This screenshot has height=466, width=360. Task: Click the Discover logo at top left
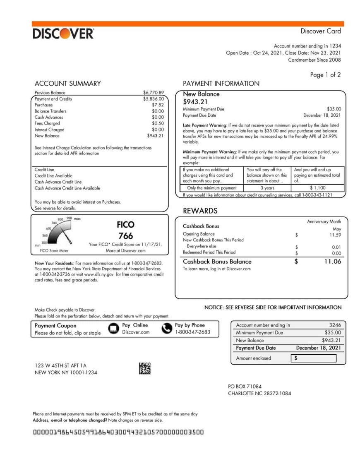pos(63,34)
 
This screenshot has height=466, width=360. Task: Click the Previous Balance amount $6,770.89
pos(153,93)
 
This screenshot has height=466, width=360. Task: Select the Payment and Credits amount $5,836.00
pos(153,99)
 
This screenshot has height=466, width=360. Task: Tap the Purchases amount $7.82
pos(158,105)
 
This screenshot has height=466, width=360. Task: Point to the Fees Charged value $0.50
pos(158,123)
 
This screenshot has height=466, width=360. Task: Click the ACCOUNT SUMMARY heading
pos(67,84)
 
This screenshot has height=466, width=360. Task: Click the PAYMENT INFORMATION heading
pos(221,84)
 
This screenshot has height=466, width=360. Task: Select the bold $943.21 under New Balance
pos(195,102)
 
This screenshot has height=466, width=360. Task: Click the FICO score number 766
pos(125,236)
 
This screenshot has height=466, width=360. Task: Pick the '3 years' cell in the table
pos(267,188)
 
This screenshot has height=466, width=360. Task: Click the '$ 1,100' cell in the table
pos(317,188)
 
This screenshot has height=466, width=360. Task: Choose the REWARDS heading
pos(200,211)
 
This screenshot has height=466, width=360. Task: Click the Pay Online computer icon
pos(113,329)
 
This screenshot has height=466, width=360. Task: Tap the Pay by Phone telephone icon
pos(167,329)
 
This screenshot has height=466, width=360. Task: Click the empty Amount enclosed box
pos(315,358)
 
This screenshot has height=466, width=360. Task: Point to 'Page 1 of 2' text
pos(325,75)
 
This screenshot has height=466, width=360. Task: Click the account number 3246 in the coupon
pos(335,325)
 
